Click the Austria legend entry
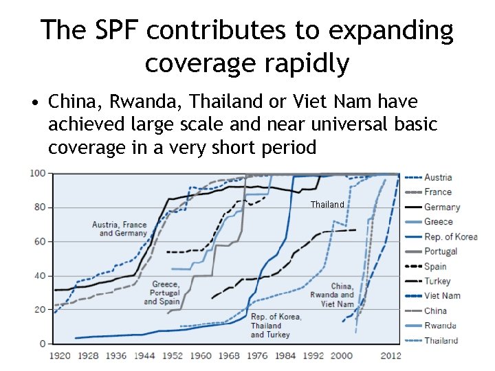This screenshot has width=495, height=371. point(438,177)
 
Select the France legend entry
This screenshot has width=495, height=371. point(438,192)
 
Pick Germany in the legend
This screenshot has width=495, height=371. point(442,207)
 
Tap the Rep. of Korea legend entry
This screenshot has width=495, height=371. point(450,236)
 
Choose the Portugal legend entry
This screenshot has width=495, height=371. point(441,251)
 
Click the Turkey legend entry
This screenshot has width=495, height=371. point(438,281)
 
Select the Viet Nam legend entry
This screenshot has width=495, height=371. point(442,295)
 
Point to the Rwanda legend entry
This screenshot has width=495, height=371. point(440,326)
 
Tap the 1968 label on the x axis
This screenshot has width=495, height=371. point(228,356)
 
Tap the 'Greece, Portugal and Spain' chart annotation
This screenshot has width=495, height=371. point(165,293)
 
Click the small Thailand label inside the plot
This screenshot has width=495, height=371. point(327,205)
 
